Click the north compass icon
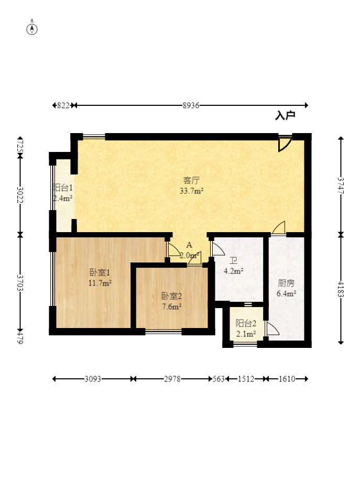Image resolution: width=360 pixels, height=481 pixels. pos(32,28)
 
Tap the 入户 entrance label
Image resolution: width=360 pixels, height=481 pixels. pos(285,116)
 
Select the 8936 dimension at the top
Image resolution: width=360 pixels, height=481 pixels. pos(191,105)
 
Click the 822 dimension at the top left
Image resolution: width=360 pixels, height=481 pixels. pos(63,105)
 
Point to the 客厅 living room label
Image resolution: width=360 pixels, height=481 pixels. pos(191,181)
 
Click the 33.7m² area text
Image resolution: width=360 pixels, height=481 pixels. pos(191,191)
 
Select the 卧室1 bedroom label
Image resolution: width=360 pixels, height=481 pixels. pos(100,272)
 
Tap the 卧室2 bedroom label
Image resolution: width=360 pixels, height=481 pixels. pos(171,297)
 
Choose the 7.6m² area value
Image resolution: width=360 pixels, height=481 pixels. pos(171,307)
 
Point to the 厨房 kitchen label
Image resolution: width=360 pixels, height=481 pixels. pos(286,283)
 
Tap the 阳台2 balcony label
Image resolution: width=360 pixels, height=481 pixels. pos(245,323)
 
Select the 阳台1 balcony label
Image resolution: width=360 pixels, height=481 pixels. pos(62,188)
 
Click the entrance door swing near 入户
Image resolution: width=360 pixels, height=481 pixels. pos(285,144)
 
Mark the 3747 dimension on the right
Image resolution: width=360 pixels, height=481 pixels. pos(341,186)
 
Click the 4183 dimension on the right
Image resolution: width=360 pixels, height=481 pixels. pos(341,289)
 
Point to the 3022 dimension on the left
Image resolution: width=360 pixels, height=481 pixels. pos(20,195)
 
